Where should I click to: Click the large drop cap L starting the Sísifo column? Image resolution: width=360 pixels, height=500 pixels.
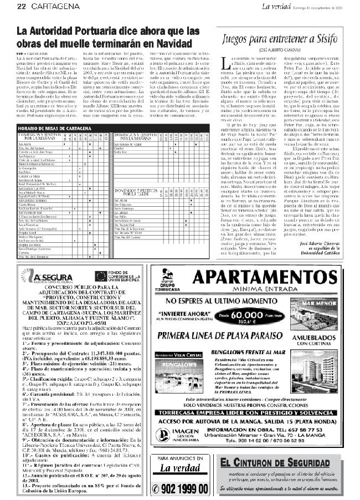(224, 62)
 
